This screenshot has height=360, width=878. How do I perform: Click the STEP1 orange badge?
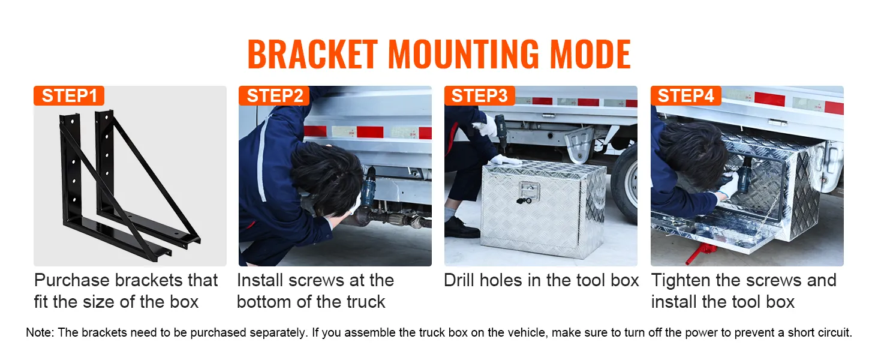click(x=69, y=96)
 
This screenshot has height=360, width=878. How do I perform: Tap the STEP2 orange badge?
click(x=274, y=96)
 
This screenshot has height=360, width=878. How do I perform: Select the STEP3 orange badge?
click(x=479, y=96)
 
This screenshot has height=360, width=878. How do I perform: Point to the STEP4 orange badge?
click(x=685, y=96)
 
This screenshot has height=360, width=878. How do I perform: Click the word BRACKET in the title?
click(x=312, y=55)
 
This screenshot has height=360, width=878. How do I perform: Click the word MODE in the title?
click(x=590, y=55)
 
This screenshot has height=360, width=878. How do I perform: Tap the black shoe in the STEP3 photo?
click(x=461, y=228)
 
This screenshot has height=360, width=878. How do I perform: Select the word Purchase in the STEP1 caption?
click(x=72, y=281)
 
